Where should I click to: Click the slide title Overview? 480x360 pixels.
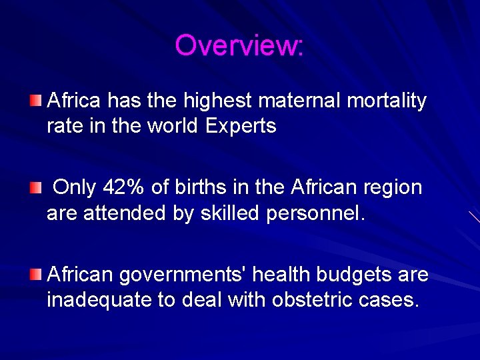click(x=239, y=46)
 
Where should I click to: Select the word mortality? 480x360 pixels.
click(x=389, y=101)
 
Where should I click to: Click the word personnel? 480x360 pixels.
click(x=315, y=214)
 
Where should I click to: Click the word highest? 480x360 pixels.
click(x=214, y=101)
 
